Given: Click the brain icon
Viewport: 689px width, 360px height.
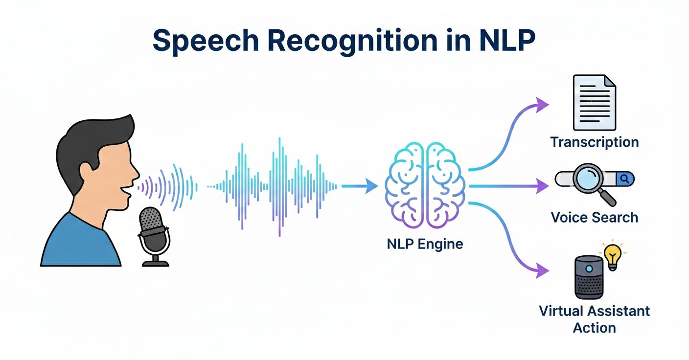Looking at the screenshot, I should click(x=425, y=186).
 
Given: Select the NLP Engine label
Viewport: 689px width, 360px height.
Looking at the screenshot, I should click(x=425, y=243).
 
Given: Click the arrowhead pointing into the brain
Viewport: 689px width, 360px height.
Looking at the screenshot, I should click(x=372, y=186).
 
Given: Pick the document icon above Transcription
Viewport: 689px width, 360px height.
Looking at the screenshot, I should click(x=594, y=102).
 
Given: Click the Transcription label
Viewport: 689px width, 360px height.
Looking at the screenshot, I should click(x=594, y=142).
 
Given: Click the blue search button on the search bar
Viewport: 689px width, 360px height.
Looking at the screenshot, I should click(x=624, y=179).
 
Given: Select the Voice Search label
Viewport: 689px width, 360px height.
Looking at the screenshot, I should click(x=594, y=217).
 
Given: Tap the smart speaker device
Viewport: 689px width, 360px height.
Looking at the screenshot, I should click(x=588, y=277).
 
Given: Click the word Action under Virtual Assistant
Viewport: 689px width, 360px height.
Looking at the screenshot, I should click(x=594, y=327).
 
